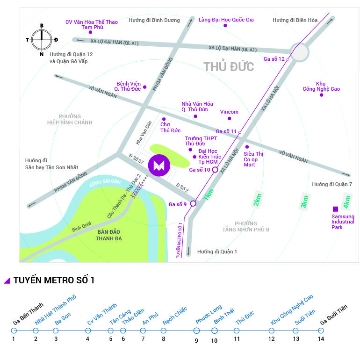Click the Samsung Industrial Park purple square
tap(335, 209)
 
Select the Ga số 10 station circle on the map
tap(215, 170)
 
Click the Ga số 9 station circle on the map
tap(193, 203)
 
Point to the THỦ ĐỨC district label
tap(229, 66)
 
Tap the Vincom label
tap(229, 112)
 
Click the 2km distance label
tap(257, 200)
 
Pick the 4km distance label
tap(347, 201)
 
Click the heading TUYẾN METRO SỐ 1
tap(54, 281)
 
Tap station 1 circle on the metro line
tap(14, 331)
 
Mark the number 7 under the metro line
tap(143, 339)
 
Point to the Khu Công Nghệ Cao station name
tap(292, 310)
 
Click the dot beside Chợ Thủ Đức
tap(164, 119)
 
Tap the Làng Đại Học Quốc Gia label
tap(226, 20)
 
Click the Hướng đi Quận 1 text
tap(217, 252)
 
